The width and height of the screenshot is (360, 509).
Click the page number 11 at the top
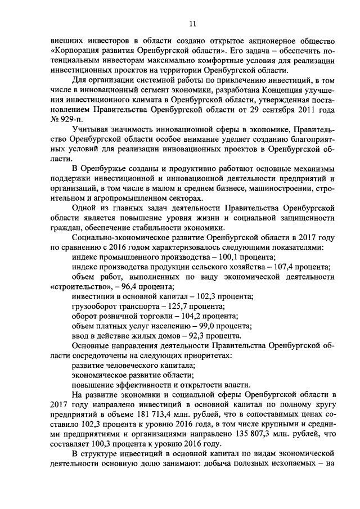tap(192, 24)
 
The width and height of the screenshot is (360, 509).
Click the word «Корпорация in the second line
tap(75, 51)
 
